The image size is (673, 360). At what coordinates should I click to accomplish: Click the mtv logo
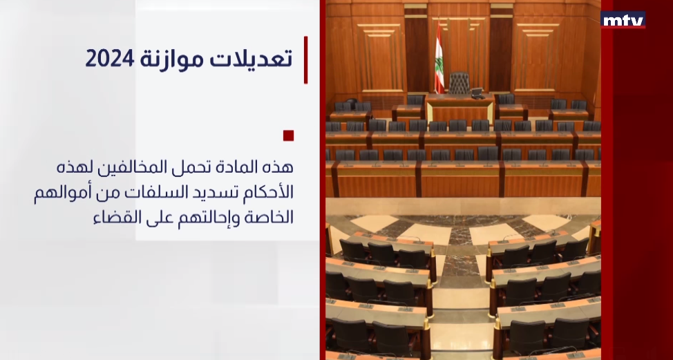(623, 20)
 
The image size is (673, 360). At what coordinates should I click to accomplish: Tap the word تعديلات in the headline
(251, 58)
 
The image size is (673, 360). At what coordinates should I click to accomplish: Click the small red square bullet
(288, 135)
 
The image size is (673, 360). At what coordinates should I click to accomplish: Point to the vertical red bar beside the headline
(305, 59)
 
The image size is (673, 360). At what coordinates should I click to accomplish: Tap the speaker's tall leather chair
(459, 83)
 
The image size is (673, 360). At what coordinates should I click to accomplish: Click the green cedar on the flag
(439, 65)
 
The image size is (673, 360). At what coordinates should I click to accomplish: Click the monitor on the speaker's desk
(477, 93)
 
